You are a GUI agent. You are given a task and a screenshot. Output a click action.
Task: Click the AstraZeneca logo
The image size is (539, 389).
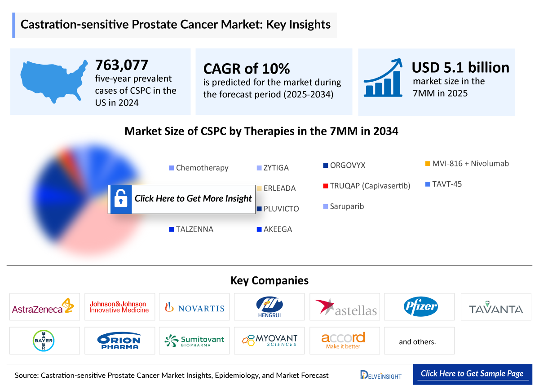(x=44, y=307)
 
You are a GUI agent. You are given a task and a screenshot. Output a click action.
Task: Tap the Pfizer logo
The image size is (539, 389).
(x=420, y=307)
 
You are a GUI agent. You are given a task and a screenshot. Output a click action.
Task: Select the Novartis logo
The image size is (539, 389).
(x=194, y=307)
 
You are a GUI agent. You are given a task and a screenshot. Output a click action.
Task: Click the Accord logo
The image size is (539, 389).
(x=343, y=341)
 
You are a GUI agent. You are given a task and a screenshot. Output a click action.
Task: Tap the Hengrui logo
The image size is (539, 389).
(x=269, y=307)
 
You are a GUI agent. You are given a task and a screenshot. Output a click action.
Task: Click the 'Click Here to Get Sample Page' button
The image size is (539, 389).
(x=472, y=374)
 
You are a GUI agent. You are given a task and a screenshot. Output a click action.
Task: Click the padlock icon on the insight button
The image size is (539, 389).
(x=120, y=199)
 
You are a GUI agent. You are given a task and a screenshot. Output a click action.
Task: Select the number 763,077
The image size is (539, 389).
(x=121, y=65)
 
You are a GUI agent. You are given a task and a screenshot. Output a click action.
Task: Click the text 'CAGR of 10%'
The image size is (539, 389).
(x=247, y=68)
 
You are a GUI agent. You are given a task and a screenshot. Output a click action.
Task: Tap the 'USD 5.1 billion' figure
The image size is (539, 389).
(x=460, y=67)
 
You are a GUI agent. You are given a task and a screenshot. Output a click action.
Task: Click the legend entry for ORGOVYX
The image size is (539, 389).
(x=344, y=165)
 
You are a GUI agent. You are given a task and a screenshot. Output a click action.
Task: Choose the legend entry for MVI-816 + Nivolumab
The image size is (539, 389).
(x=467, y=164)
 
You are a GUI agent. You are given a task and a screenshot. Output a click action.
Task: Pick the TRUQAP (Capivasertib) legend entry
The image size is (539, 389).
(x=367, y=186)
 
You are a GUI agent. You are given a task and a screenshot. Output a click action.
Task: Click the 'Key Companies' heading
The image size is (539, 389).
(x=269, y=280)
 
